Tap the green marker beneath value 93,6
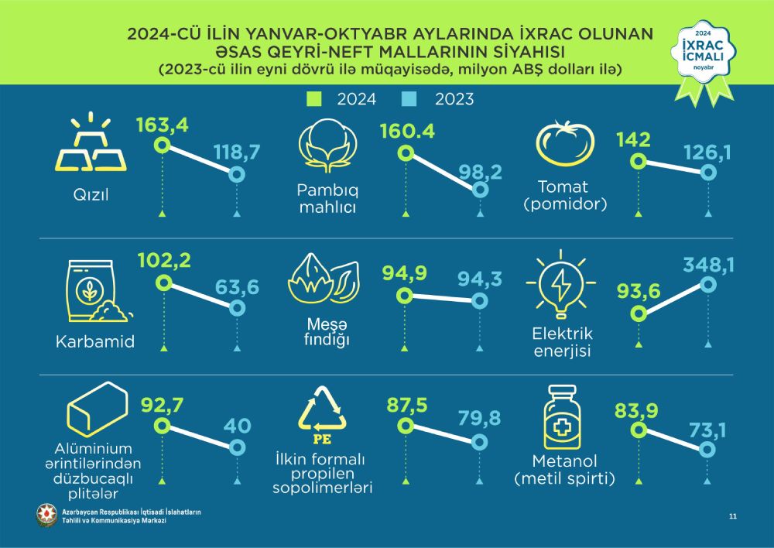point(638,313)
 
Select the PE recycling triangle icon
point(324,412)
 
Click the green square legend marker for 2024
point(313,99)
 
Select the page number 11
point(732,515)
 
